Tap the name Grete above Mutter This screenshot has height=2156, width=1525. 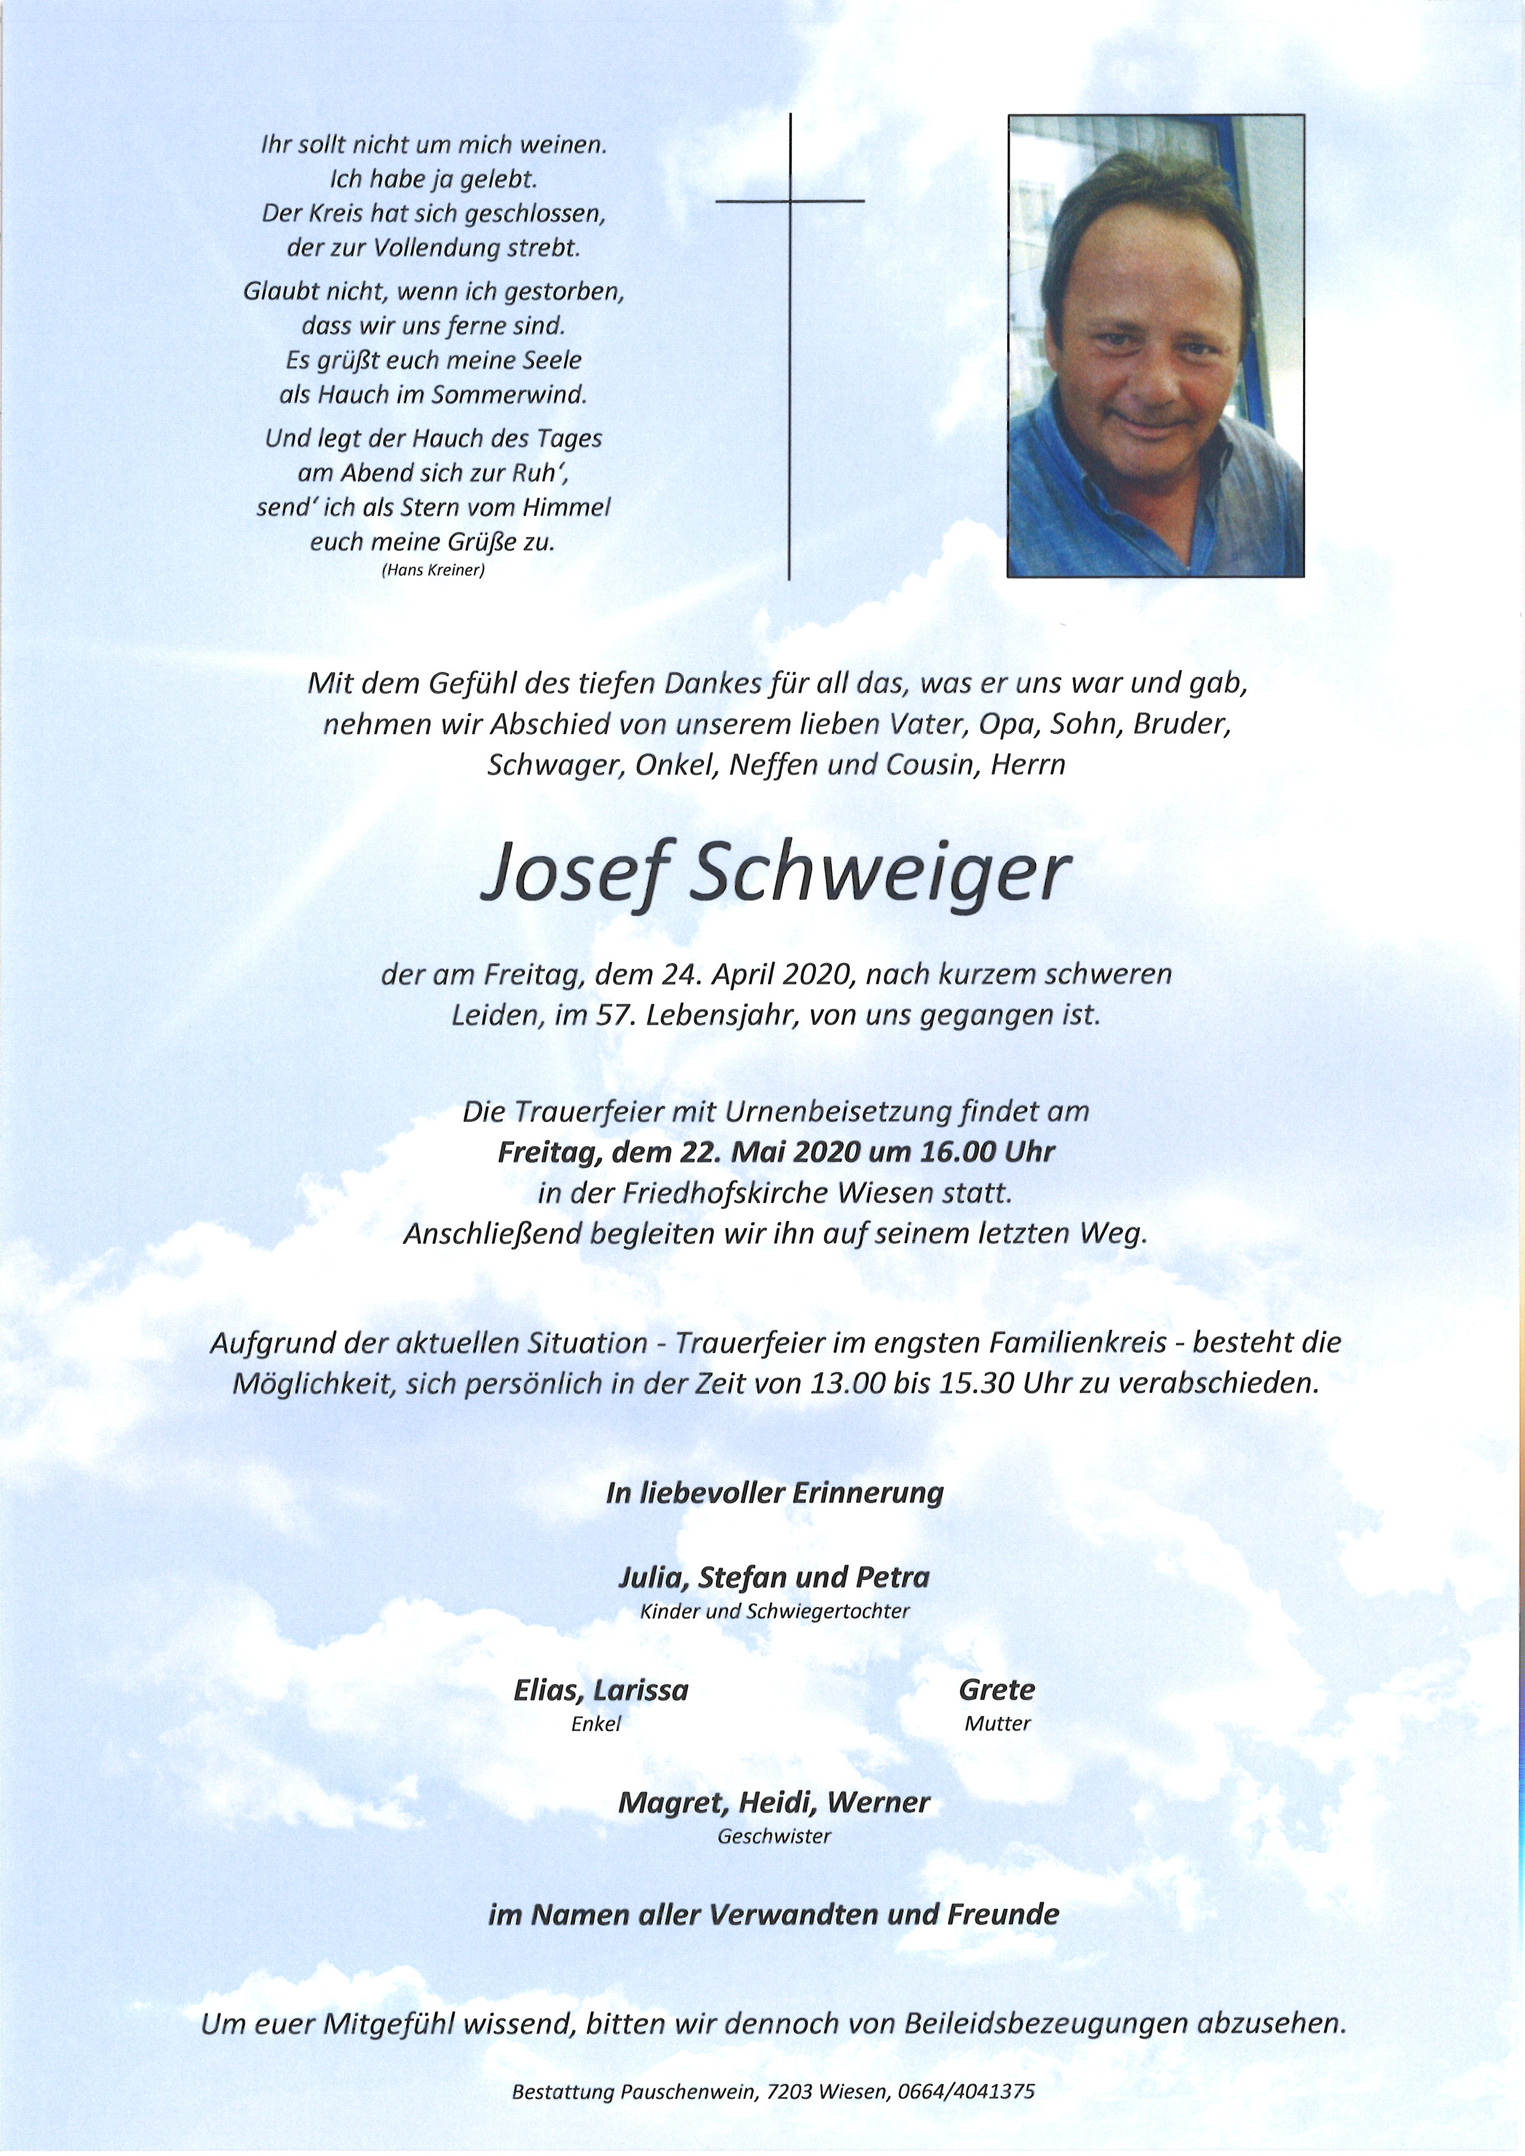(996, 1690)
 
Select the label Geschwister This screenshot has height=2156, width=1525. (774, 1836)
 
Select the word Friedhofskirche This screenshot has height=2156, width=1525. (723, 1193)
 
